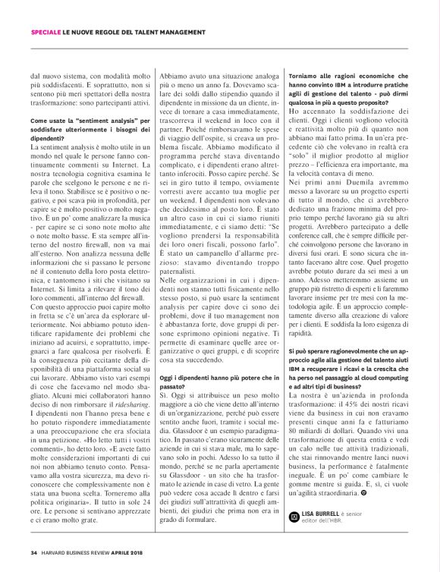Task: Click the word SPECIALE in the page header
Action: point(46,31)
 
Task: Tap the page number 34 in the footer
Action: point(34,552)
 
